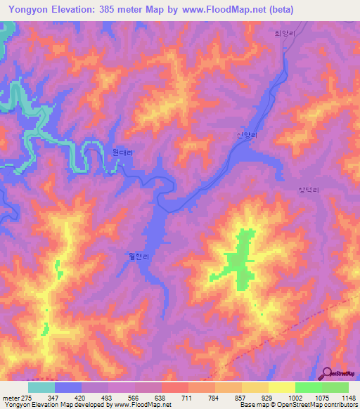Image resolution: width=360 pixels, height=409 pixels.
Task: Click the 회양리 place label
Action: (282, 33)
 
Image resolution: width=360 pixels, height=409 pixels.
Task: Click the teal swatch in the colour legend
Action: (41, 387)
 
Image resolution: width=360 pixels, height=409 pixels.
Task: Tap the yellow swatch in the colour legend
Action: (281, 387)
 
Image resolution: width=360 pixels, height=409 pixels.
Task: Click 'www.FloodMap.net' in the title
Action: (223, 10)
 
